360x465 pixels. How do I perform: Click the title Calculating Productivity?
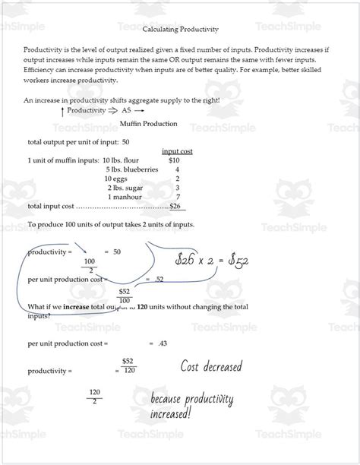point(181,30)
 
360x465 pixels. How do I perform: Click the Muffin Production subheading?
point(149,124)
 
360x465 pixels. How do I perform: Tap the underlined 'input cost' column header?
point(177,151)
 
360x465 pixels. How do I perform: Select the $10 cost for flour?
point(174,160)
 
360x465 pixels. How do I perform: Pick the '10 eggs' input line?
point(117,179)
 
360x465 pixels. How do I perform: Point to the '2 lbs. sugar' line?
point(125,188)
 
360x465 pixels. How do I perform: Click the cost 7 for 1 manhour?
point(177,197)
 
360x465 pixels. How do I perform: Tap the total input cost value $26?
point(175,206)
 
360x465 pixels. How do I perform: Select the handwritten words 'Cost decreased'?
point(210,367)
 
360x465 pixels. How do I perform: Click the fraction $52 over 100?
point(124,296)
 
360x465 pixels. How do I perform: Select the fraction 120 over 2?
point(95,397)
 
